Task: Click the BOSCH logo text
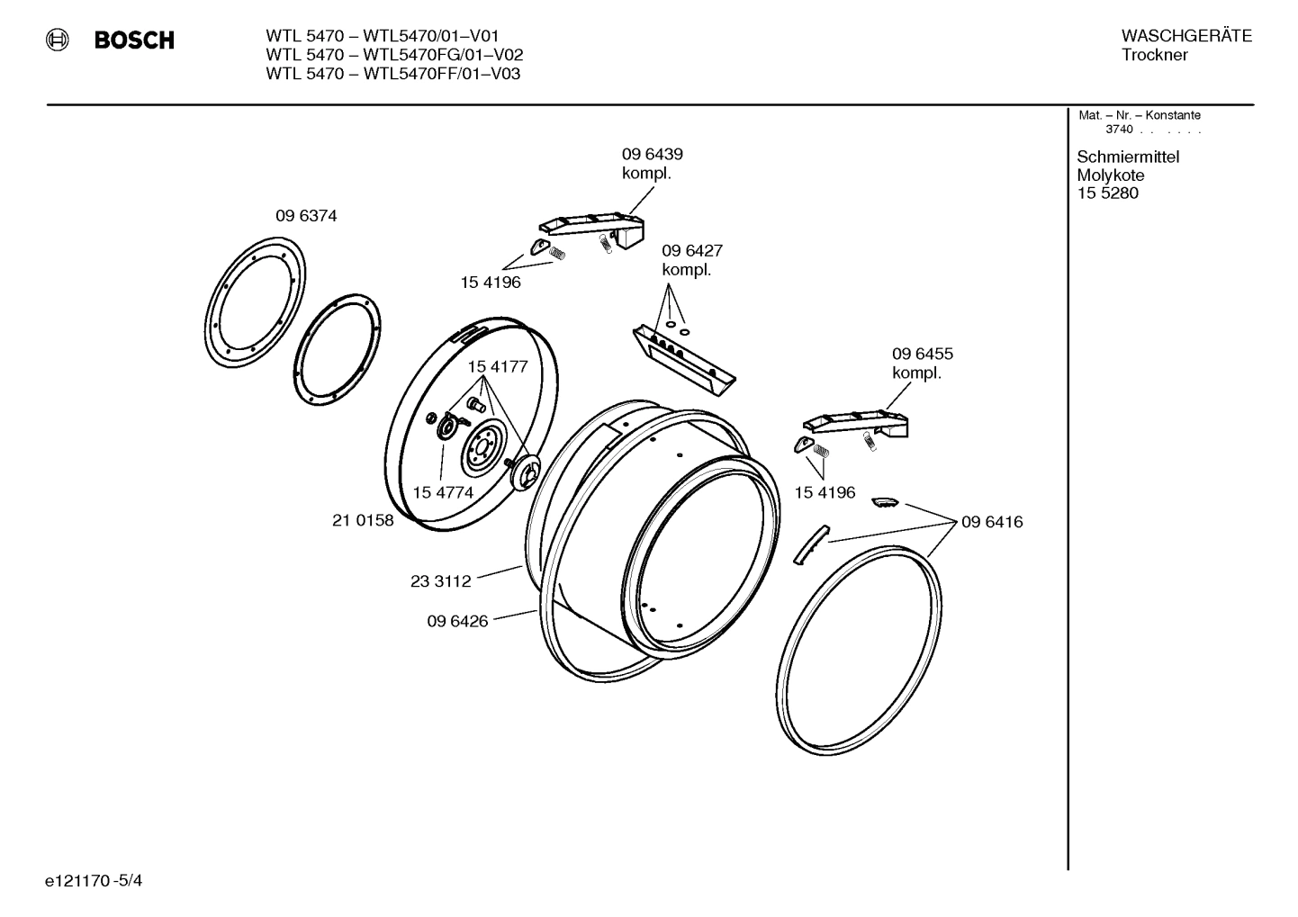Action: click(x=133, y=40)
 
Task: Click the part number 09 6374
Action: click(x=306, y=216)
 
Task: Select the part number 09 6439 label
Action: click(x=652, y=154)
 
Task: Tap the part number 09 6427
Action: click(x=691, y=250)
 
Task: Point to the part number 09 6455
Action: click(x=922, y=354)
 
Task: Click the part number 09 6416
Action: click(x=991, y=522)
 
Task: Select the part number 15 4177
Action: click(x=497, y=366)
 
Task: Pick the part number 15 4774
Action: click(x=443, y=492)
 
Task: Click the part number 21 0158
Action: click(x=363, y=520)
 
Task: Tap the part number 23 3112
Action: click(x=440, y=581)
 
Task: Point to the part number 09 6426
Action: click(x=457, y=621)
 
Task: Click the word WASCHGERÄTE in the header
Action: click(x=1185, y=36)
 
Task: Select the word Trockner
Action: click(x=1154, y=55)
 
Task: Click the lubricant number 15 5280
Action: click(x=1107, y=193)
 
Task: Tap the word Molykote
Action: click(x=1110, y=175)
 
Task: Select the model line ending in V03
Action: click(x=392, y=74)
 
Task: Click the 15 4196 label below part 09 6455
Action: click(x=825, y=492)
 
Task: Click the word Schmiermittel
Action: click(x=1127, y=157)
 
